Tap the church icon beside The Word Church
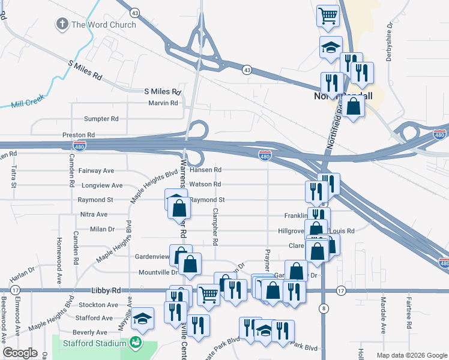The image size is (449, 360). (61, 24)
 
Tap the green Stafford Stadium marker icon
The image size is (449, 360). (136, 343)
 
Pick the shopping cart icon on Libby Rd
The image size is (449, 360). (208, 294)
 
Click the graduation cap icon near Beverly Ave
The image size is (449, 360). (142, 317)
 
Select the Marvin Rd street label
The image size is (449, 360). (163, 103)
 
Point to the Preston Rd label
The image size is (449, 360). (79, 136)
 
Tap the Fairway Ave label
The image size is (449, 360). (96, 171)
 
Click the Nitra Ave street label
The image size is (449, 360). (94, 214)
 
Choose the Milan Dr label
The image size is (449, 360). (102, 229)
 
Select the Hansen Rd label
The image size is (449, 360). (205, 170)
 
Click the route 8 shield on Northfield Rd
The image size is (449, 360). (324, 308)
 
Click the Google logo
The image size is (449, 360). (20, 353)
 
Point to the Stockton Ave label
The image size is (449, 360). (94, 305)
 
